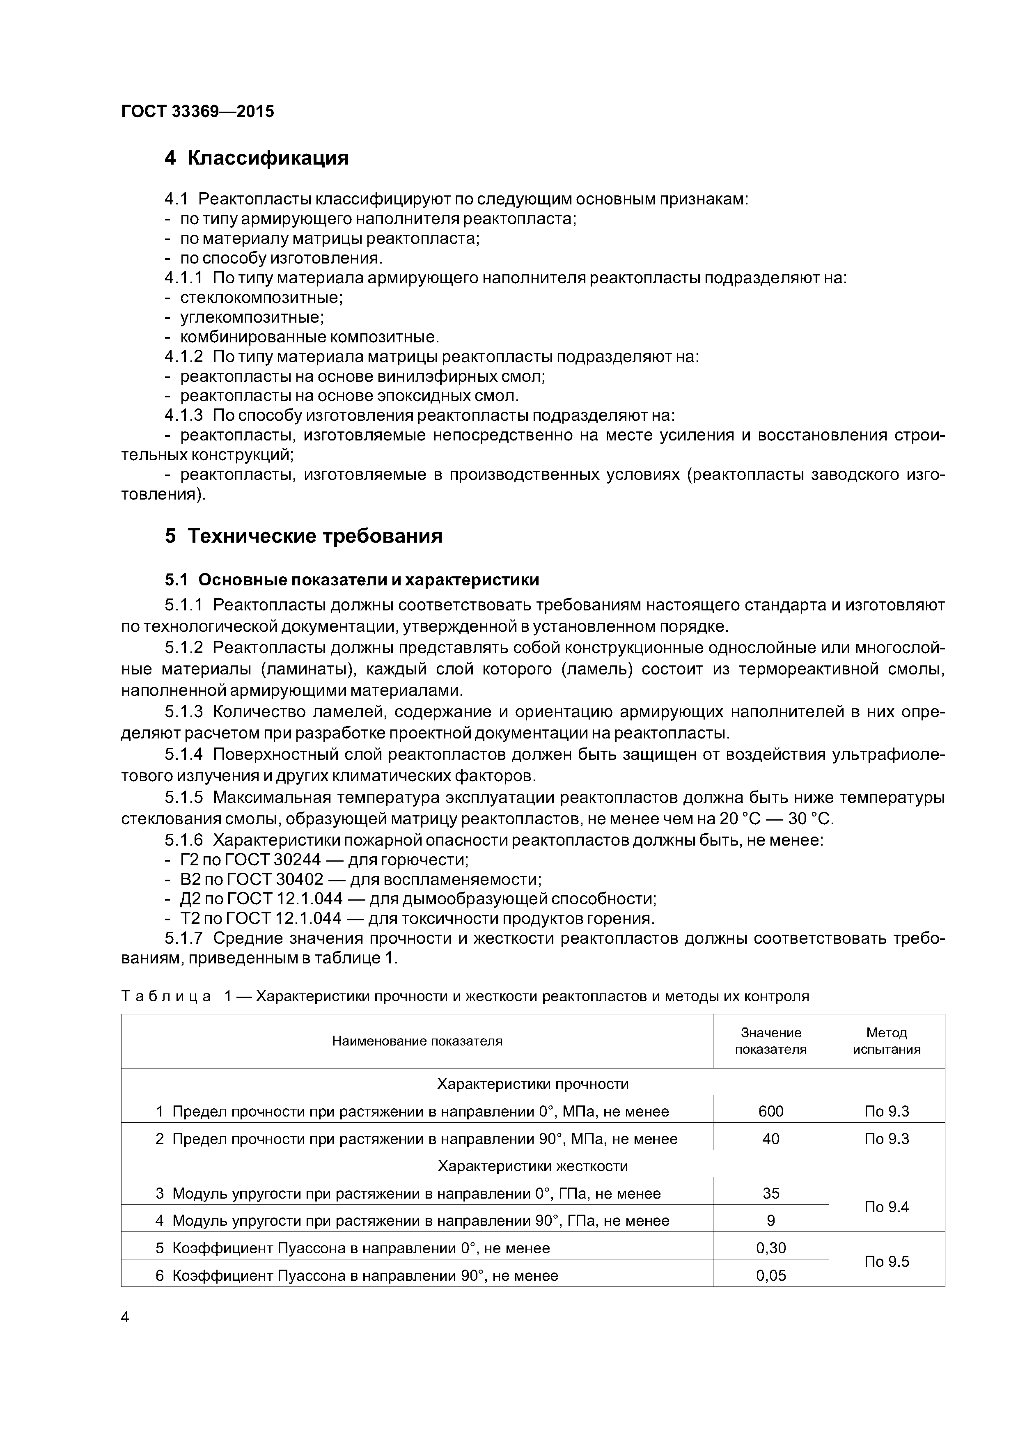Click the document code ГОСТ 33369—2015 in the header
coord(197,112)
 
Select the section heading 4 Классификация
coord(257,158)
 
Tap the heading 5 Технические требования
coord(304,536)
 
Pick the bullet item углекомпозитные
coord(252,317)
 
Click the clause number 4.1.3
coord(184,415)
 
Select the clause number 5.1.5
coord(184,798)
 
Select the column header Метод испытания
coord(886,1041)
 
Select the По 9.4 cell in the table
coord(886,1207)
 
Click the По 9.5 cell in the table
coord(886,1262)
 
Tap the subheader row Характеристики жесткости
coord(532,1167)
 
